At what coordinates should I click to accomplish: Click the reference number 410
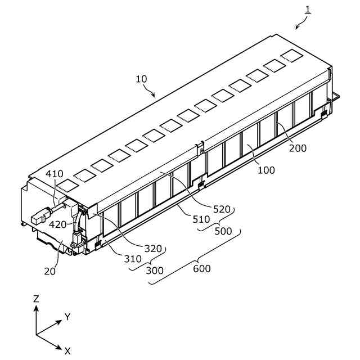(x=55, y=174)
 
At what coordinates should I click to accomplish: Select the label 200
(x=298, y=148)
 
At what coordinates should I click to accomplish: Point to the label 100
(x=267, y=170)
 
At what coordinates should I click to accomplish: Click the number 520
(x=222, y=209)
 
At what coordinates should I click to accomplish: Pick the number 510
(x=201, y=219)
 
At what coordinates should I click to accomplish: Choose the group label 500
(x=222, y=232)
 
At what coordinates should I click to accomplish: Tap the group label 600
(x=201, y=269)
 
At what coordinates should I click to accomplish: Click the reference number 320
(x=152, y=248)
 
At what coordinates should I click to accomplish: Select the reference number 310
(x=133, y=259)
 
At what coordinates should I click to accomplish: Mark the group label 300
(x=155, y=271)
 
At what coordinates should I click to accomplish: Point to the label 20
(x=50, y=271)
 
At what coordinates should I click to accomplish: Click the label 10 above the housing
(x=141, y=79)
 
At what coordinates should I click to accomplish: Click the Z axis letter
(x=36, y=299)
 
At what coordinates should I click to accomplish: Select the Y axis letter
(x=67, y=317)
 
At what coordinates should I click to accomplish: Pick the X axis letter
(x=67, y=351)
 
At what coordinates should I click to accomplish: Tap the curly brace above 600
(x=195, y=258)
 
